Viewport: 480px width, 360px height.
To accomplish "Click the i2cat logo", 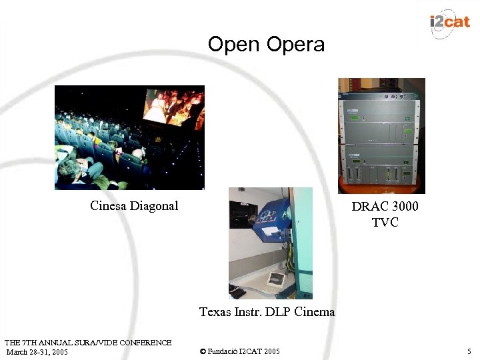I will tap(450, 22).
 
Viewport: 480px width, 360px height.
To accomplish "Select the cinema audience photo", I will tap(129, 137).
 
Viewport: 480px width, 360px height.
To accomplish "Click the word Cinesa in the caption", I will tap(108, 206).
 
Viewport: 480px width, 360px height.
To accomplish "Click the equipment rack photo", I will tap(381, 136).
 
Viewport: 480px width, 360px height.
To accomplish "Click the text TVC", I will tap(385, 222).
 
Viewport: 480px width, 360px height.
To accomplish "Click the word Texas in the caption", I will tap(215, 311).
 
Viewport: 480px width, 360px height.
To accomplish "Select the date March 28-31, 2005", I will tap(37, 351).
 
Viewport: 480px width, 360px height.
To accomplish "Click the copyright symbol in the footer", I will tap(202, 351).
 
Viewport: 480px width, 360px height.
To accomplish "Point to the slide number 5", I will tap(469, 351).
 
